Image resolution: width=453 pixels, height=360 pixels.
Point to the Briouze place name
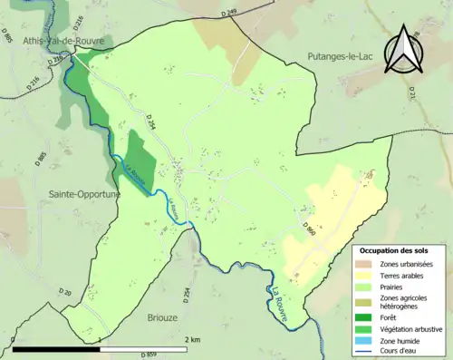point(162,318)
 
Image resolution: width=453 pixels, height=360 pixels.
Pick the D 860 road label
point(311,231)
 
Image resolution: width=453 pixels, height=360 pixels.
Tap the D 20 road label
point(64,292)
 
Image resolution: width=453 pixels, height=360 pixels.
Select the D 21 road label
point(411,92)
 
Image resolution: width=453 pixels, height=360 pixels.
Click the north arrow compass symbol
point(405,51)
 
